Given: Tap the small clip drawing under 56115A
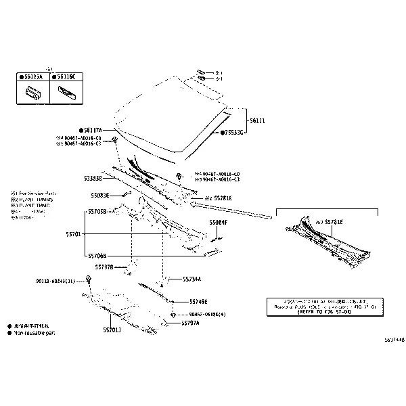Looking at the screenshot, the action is tap(32, 93).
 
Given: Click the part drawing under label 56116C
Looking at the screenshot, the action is tap(66, 91).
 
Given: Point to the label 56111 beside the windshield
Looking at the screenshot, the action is tap(256, 120).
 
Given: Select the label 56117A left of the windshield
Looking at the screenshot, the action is tap(92, 129).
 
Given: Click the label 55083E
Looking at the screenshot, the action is tap(100, 195).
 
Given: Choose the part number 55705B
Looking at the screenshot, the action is tap(97, 211).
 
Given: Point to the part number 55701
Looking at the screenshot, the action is tap(74, 233).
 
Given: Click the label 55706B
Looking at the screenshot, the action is tap(97, 256).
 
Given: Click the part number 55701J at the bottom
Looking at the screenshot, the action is tap(112, 330).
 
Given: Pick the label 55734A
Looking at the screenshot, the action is tap(191, 279).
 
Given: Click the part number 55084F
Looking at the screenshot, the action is tap(218, 222).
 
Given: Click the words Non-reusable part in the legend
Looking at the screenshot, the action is tap(35, 333).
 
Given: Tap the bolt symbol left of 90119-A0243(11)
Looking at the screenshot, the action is tap(89, 279).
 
